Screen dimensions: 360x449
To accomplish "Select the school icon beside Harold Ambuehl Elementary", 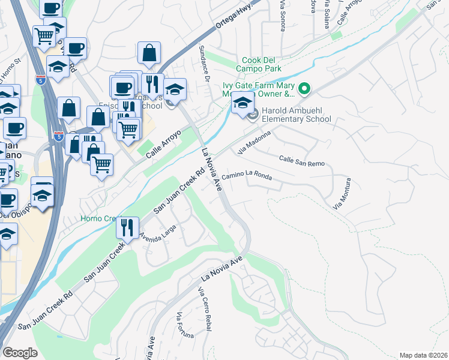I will [243, 103].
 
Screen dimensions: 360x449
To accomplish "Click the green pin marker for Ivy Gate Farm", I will [304, 90].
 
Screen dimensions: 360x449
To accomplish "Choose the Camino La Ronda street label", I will [247, 176].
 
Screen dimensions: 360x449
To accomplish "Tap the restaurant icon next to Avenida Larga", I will [127, 227].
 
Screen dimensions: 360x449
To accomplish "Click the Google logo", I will [20, 353].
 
